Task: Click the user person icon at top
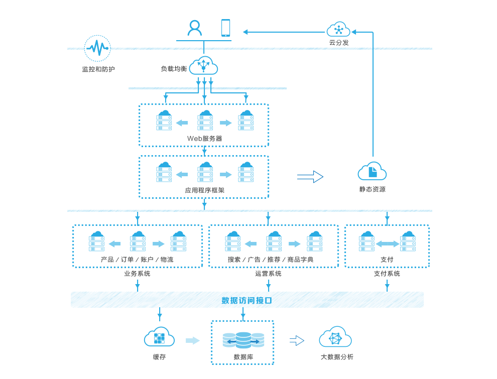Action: (195, 28)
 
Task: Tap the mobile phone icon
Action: (225, 28)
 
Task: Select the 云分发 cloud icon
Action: (338, 29)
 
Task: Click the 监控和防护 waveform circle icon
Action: (97, 48)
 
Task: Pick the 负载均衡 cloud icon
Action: (203, 66)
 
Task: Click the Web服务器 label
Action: (204, 139)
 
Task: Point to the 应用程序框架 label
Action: (204, 191)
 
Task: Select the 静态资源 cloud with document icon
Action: (372, 171)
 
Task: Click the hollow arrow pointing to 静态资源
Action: (310, 177)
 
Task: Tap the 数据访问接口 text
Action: (246, 301)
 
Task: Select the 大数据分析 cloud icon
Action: (335, 338)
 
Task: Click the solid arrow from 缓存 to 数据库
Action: (192, 341)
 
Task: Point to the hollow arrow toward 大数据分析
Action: (297, 341)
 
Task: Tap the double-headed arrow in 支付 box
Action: (387, 244)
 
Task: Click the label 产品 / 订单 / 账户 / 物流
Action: (137, 260)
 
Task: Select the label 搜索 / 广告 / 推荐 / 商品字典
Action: (270, 260)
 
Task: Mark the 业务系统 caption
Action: (137, 274)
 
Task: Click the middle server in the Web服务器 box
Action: (204, 120)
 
